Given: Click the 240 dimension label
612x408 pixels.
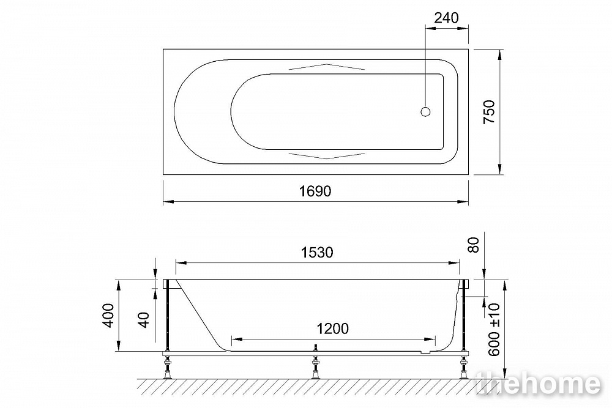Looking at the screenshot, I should [446, 18].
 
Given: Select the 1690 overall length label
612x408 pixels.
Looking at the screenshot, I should [315, 191].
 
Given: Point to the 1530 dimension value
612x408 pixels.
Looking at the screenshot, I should [317, 253].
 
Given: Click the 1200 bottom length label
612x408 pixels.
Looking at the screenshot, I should [332, 328].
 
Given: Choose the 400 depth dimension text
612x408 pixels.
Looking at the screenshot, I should [108, 315].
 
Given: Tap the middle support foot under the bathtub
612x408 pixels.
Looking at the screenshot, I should [316, 367].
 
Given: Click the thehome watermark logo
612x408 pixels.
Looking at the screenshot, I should [539, 384].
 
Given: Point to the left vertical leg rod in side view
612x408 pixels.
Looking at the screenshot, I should [166, 318].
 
